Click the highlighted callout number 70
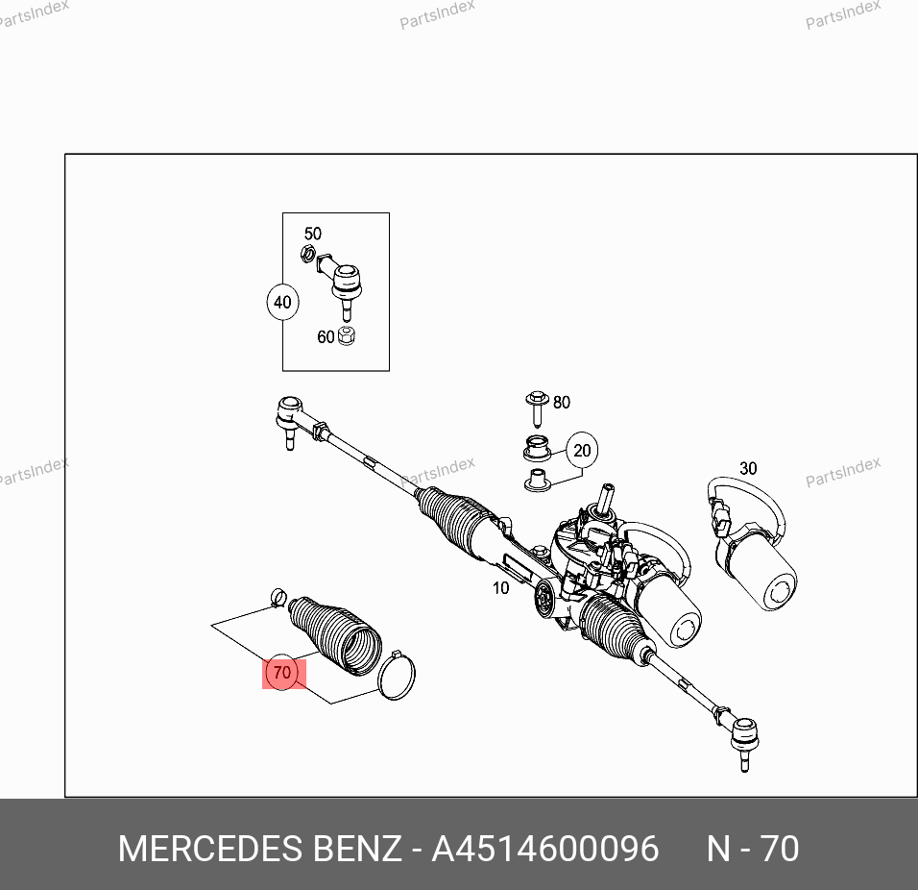[x=282, y=672]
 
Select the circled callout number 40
[x=282, y=303]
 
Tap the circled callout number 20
[x=582, y=450]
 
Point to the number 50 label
[x=313, y=234]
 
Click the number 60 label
[x=326, y=337]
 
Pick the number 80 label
[x=562, y=402]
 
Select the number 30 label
[x=748, y=468]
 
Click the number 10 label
[x=500, y=587]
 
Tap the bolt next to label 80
[x=536, y=408]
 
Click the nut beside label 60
[x=347, y=335]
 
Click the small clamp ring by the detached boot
[x=278, y=597]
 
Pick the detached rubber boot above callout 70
[x=335, y=635]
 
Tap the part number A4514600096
[x=545, y=849]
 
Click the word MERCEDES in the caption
[x=210, y=849]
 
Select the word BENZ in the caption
[x=358, y=849]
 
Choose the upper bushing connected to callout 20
[x=537, y=448]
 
